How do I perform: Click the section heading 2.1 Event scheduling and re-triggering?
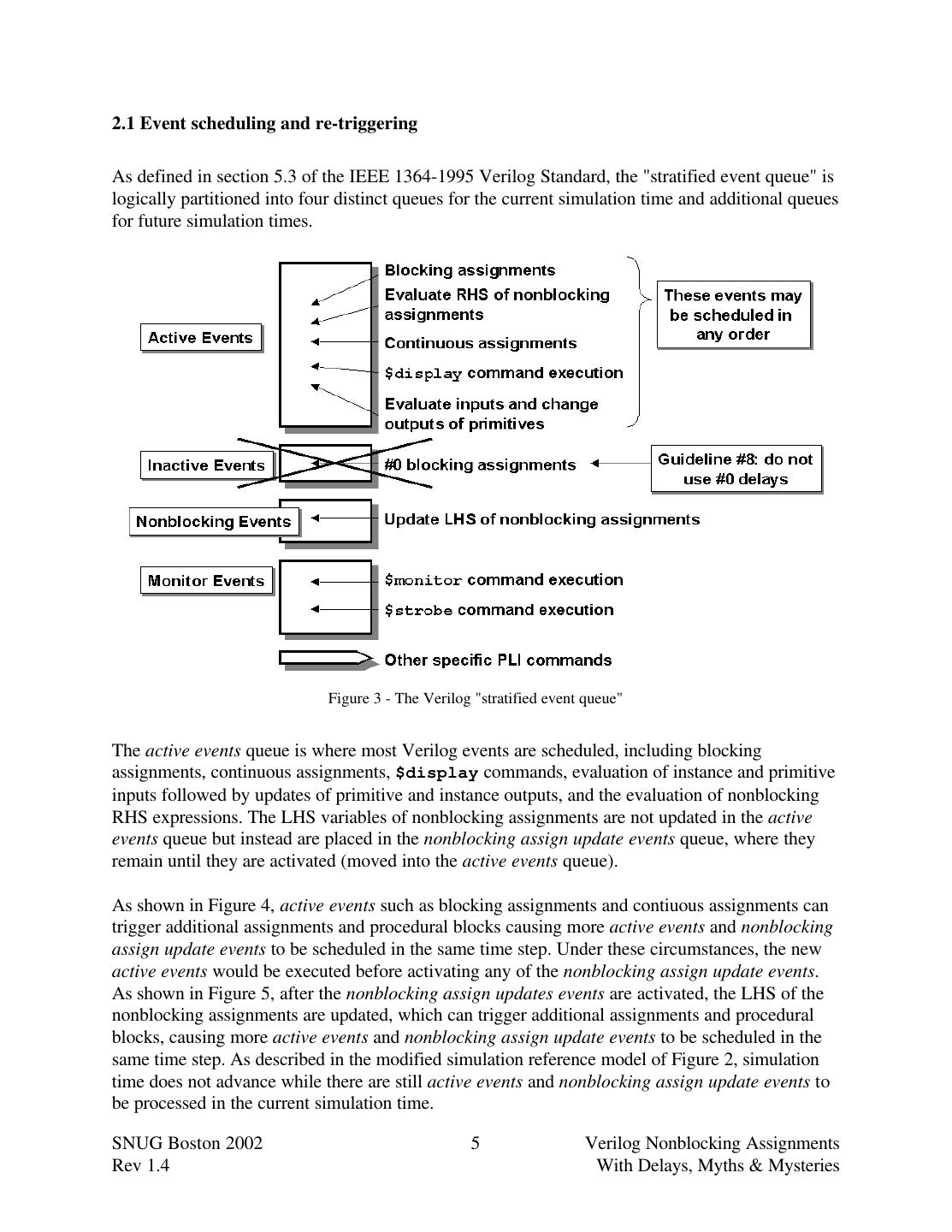264,123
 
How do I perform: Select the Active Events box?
200,338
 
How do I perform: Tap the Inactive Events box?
206,465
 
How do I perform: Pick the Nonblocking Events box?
214,522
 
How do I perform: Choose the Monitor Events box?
206,581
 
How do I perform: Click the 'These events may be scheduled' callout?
733,315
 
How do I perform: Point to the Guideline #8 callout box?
736,469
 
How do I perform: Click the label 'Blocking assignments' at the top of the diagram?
470,270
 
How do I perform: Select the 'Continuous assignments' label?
481,343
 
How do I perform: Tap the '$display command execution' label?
504,373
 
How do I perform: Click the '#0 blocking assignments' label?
480,465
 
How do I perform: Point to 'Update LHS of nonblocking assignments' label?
541,519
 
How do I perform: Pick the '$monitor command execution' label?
504,580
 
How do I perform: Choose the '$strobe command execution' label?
499,610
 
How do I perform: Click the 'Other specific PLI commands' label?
498,660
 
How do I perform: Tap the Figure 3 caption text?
475,698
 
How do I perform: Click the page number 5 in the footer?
476,1143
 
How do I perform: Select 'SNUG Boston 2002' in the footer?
187,1143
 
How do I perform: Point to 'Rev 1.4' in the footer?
140,1165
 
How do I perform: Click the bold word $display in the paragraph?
436,773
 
